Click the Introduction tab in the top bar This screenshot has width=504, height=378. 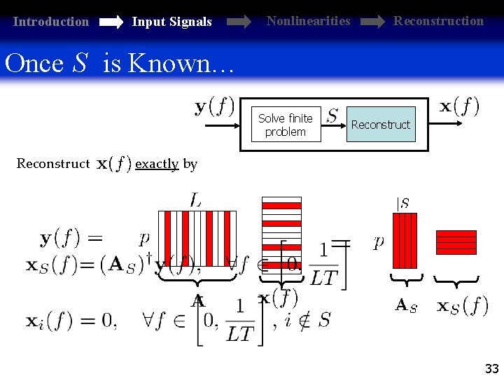[x=51, y=22]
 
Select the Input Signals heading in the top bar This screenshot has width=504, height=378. [x=171, y=22]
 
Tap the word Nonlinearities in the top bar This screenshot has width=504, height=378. [x=308, y=21]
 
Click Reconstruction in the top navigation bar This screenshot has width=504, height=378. [x=438, y=21]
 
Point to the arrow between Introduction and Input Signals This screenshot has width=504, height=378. [x=111, y=22]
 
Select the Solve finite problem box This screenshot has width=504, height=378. [x=285, y=125]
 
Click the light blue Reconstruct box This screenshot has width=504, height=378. [x=380, y=125]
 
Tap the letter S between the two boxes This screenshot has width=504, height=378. [x=332, y=115]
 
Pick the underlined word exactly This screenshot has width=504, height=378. [x=157, y=164]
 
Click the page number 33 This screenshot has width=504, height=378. [x=491, y=368]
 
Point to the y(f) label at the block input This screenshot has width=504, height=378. [x=214, y=107]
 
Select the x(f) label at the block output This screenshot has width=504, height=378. [x=459, y=106]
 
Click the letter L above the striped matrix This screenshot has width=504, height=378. [x=196, y=200]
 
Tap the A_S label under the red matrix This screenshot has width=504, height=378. [x=406, y=305]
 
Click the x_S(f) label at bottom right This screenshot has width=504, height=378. [x=463, y=305]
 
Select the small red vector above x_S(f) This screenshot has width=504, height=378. [x=456, y=242]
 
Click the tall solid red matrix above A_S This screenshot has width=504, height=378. [x=405, y=241]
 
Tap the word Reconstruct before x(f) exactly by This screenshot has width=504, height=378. [x=53, y=164]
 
